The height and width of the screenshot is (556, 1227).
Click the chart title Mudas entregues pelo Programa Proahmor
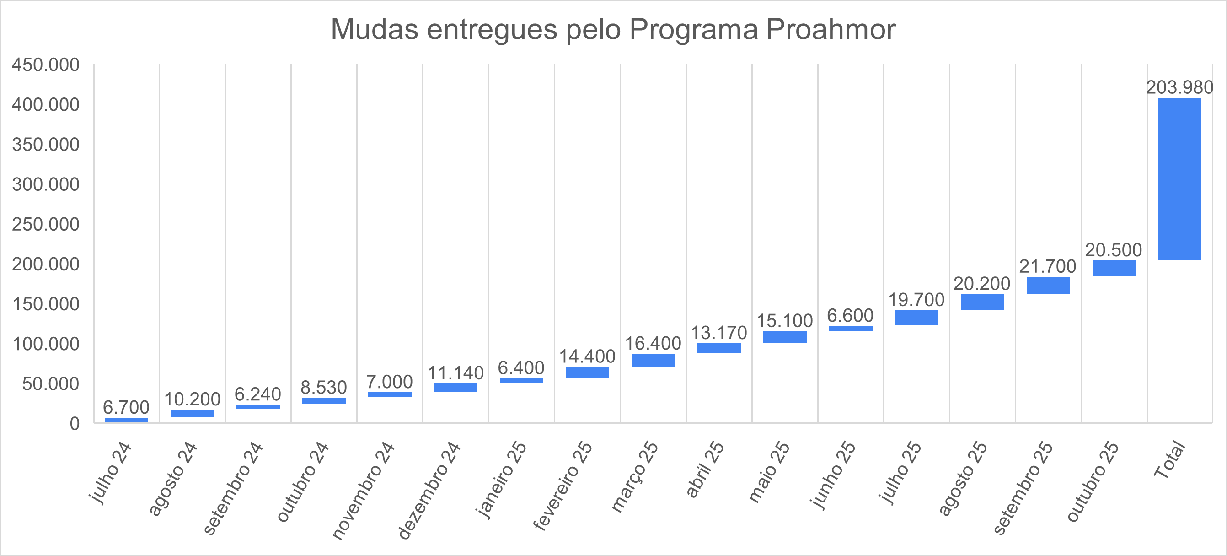click(x=613, y=30)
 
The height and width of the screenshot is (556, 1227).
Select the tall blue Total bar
click(x=1179, y=178)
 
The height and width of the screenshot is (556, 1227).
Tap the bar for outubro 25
click(x=1114, y=268)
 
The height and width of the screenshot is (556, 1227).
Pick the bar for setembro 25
click(x=1048, y=285)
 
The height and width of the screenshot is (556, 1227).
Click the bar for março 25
click(x=653, y=360)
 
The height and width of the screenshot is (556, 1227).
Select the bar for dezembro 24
click(x=455, y=387)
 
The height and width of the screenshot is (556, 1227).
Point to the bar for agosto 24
click(x=192, y=413)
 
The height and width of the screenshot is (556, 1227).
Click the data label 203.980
click(x=1179, y=88)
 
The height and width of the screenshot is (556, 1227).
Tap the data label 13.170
click(x=719, y=333)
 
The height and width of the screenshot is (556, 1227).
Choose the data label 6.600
click(x=850, y=315)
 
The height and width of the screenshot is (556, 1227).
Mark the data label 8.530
click(x=323, y=387)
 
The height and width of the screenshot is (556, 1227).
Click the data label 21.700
click(x=1047, y=266)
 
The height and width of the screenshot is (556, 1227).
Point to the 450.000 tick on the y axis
click(x=46, y=65)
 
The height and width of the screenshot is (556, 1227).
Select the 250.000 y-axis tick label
click(x=46, y=224)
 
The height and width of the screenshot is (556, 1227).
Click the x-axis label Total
click(x=1169, y=460)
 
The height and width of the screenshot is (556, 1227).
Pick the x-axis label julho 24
click(x=111, y=473)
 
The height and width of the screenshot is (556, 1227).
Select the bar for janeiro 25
click(x=521, y=381)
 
